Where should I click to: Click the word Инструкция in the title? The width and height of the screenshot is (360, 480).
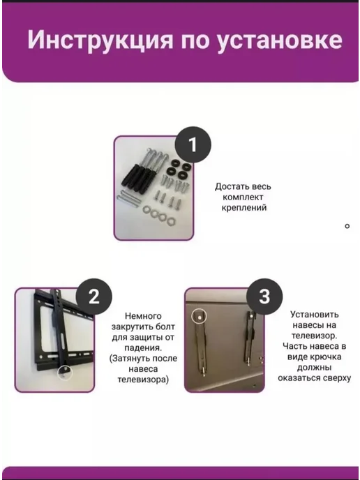[100, 40]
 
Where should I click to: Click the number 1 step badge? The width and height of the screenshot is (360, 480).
[193, 145]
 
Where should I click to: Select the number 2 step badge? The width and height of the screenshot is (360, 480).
[94, 297]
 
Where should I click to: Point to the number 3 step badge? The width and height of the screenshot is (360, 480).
[264, 297]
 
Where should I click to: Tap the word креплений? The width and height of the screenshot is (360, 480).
[244, 207]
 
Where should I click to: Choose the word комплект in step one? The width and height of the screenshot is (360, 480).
[243, 197]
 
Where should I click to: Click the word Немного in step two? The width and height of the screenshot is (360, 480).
[143, 316]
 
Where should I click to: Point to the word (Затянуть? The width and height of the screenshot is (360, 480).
[130, 359]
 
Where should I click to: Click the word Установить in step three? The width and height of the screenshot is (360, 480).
[315, 315]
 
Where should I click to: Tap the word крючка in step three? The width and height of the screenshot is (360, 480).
[326, 357]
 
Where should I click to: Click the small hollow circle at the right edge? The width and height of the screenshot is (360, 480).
[347, 226]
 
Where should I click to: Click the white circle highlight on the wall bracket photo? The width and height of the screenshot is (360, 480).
[65, 373]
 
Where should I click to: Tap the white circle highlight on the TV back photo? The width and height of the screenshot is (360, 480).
[200, 317]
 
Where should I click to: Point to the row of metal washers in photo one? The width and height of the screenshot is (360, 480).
[158, 215]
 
